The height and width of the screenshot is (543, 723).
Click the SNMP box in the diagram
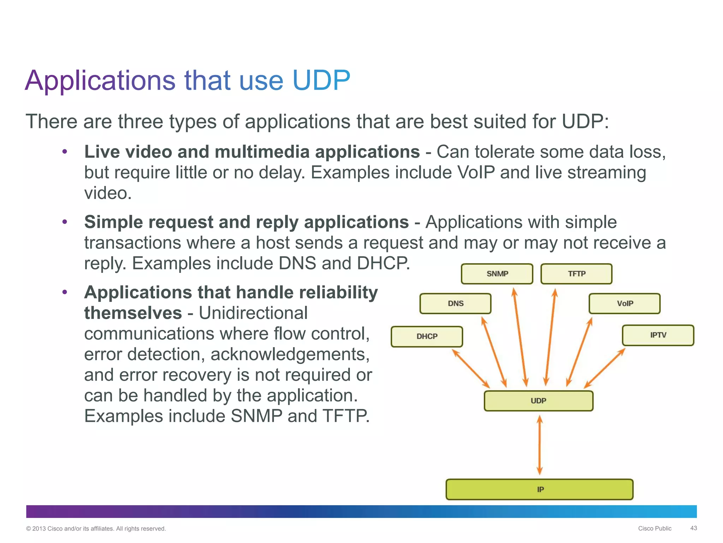coord(497,274)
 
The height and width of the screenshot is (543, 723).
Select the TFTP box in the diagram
coord(576,274)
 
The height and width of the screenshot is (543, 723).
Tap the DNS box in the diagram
coord(455,303)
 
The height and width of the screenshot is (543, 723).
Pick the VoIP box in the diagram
coord(625,303)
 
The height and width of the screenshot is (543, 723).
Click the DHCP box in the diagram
coord(427,336)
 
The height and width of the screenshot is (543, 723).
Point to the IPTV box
coord(658,335)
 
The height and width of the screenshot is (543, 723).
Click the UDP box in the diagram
coord(538,401)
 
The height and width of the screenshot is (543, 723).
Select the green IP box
coord(539,489)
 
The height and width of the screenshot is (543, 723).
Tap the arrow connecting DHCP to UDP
coord(471,368)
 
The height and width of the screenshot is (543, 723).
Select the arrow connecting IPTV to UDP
coord(604,368)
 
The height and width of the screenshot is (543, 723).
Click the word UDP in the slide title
coord(321,81)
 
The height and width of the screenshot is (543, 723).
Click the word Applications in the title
coord(100,81)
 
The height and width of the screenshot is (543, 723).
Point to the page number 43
coord(693,528)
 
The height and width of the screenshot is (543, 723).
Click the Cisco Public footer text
coord(655,529)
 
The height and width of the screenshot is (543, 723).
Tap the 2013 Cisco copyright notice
coord(96,529)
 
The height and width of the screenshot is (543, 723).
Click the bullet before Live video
coord(65,152)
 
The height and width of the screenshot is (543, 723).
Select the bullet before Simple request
coord(65,222)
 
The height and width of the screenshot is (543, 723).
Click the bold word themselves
coord(133,313)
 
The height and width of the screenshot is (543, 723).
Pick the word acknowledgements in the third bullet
coord(290,354)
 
